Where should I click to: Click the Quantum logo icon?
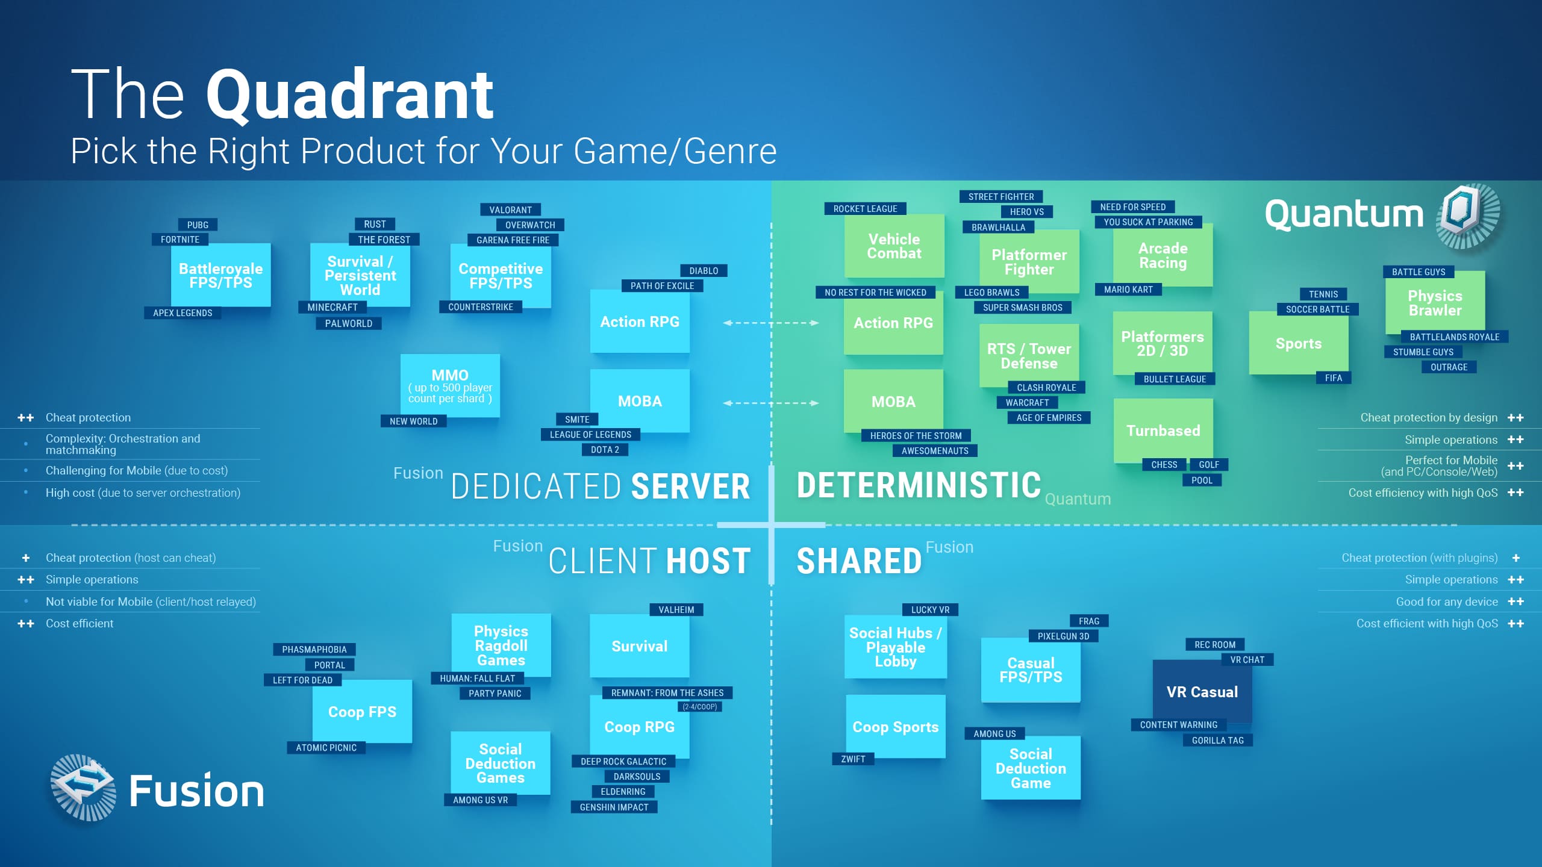[1468, 216]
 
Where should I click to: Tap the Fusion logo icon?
[84, 788]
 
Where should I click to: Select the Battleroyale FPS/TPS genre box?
[221, 275]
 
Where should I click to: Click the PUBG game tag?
[198, 225]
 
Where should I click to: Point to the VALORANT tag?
[510, 210]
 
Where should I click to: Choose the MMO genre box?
[450, 386]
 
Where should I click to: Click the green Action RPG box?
[893, 323]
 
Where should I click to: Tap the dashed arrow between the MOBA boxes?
[771, 403]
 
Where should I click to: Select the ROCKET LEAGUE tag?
[865, 208]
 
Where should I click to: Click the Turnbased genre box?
[1163, 430]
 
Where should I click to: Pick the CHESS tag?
[1164, 464]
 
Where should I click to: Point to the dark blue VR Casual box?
[1202, 692]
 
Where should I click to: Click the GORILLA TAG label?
[1217, 740]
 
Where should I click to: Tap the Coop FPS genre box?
[362, 712]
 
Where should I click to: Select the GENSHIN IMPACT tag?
[614, 807]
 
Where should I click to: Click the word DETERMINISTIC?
[919, 485]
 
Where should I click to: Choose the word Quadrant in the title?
[350, 95]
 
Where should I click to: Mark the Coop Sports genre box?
[896, 727]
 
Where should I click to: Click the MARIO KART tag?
[1128, 289]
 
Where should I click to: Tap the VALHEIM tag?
[676, 609]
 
